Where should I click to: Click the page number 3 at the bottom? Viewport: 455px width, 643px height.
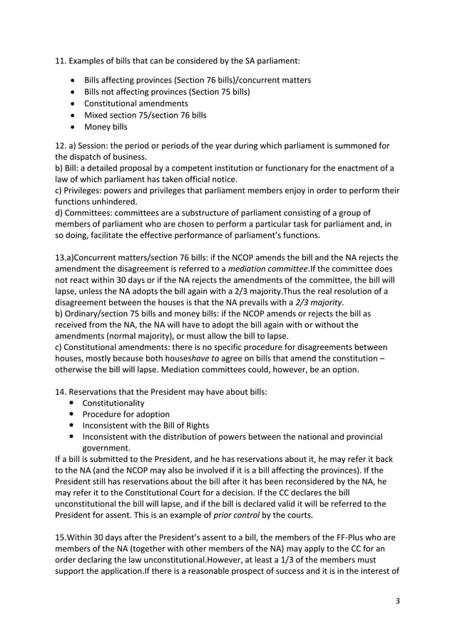coord(398,601)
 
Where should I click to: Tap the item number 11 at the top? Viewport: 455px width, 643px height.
coord(61,59)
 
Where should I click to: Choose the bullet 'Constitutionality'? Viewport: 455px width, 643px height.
coord(113,403)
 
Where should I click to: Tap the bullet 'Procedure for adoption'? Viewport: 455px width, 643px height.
coord(126,414)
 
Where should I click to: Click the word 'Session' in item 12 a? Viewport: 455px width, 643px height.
coord(91,145)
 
